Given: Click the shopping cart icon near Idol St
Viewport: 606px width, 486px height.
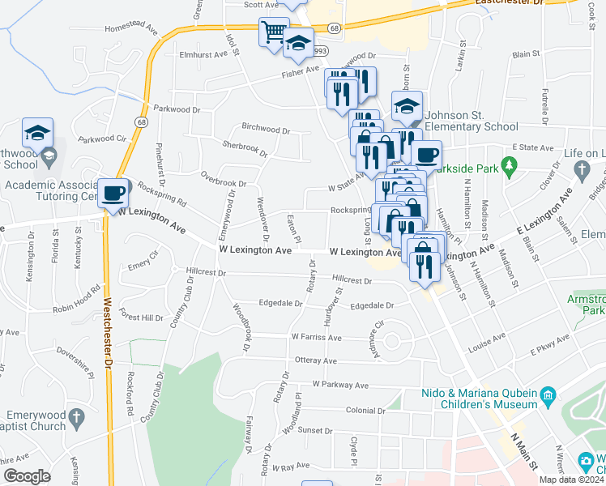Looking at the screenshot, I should [x=273, y=32].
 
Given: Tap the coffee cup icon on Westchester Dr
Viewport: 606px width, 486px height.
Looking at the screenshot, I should [x=114, y=194].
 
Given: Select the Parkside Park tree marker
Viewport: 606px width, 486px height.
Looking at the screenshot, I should [x=510, y=168].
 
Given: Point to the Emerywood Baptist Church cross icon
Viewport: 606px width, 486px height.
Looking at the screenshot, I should [x=76, y=418].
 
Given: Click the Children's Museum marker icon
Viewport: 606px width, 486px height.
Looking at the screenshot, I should [x=548, y=395].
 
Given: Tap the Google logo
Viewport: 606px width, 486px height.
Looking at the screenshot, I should [x=27, y=476].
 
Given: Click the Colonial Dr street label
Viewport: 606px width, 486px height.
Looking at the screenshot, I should [x=347, y=410].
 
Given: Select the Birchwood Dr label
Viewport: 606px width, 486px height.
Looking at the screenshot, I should [x=266, y=129].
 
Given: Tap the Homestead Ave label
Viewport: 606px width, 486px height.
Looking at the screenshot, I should [x=131, y=27].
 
